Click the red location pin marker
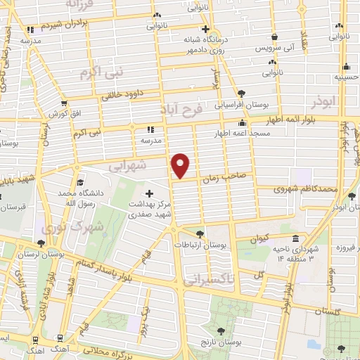click(x=181, y=165)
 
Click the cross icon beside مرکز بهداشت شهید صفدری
click(x=149, y=193)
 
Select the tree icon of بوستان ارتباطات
click(x=200, y=234)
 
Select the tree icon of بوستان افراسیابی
click(x=241, y=93)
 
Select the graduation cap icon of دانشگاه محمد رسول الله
click(x=83, y=181)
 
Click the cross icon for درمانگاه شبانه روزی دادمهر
click(x=205, y=30)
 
